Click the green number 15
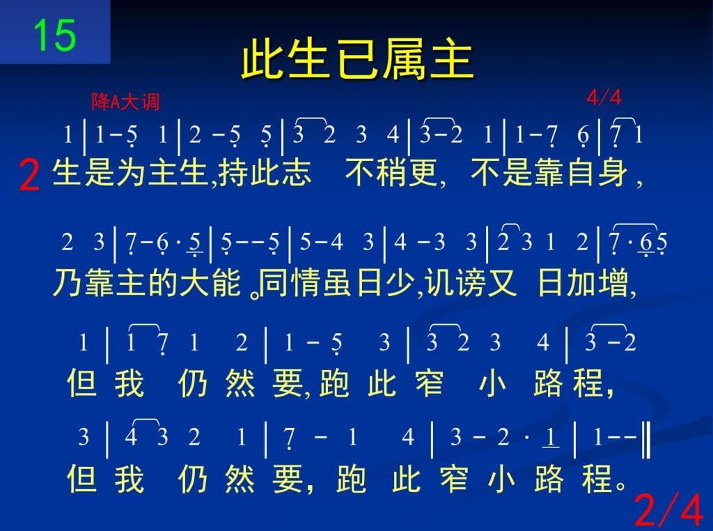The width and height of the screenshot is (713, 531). coord(54,35)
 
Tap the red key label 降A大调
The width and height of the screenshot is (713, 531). coord(125,102)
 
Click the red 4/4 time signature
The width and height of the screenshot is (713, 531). coord(604,98)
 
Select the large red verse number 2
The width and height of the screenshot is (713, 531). coord(29,176)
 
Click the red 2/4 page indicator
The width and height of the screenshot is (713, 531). coord(668,510)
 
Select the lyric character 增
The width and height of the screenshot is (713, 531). coord(615,282)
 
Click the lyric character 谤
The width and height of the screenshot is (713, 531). coord(471,282)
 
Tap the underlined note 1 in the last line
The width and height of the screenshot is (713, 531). coord(550,438)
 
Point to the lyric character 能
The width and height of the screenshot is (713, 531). coord(226,282)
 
